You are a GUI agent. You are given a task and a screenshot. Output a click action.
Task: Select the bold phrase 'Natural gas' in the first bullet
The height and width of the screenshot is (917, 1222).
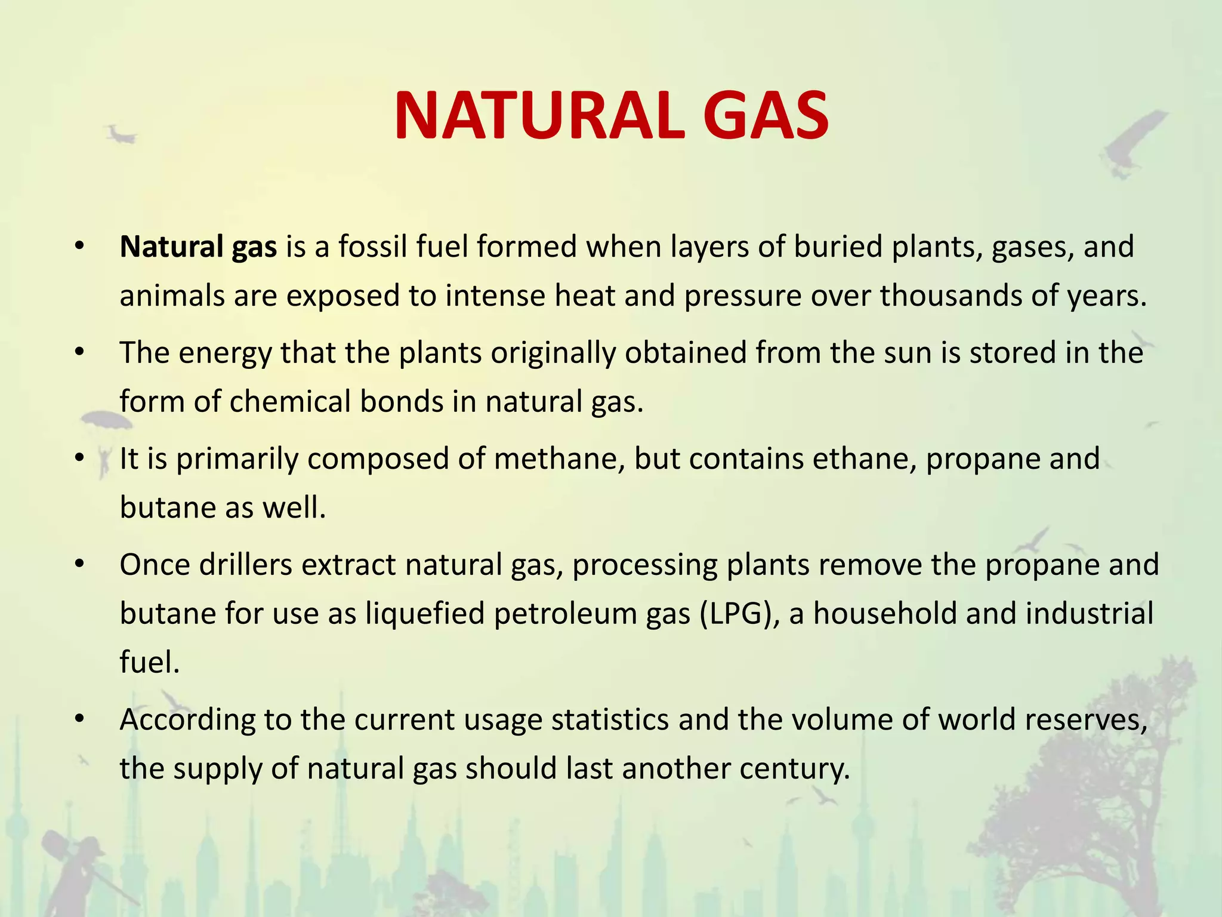[198, 247]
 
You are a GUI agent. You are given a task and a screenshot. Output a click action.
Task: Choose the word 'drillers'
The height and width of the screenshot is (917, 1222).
[246, 565]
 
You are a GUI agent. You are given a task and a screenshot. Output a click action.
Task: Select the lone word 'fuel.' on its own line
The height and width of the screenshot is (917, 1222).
[149, 662]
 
